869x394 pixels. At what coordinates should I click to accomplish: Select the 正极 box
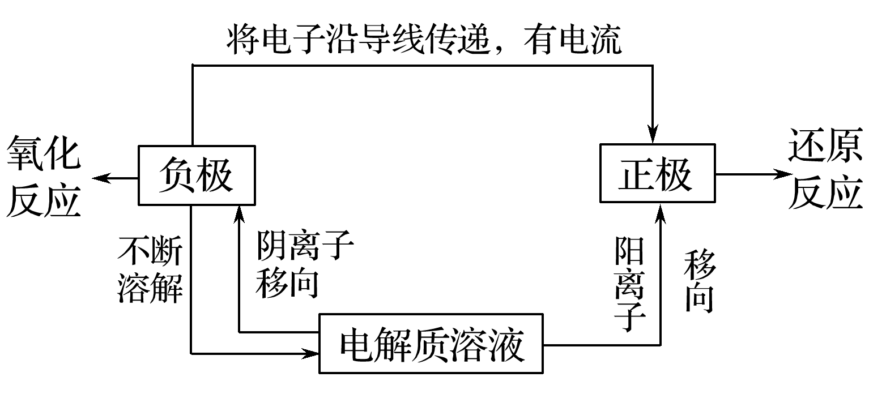click(x=657, y=173)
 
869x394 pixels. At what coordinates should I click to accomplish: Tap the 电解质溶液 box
click(x=431, y=344)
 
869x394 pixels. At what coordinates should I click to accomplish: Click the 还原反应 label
click(x=826, y=173)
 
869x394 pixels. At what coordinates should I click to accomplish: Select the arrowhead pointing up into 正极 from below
click(x=660, y=212)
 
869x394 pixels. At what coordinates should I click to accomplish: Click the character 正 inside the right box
click(x=636, y=173)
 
